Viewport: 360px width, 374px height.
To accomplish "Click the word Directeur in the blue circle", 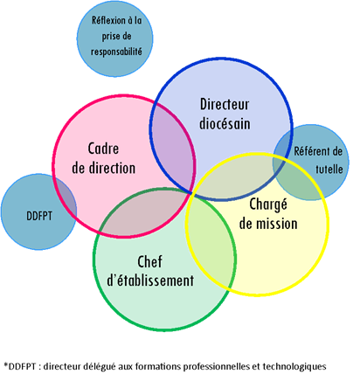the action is [x=225, y=104].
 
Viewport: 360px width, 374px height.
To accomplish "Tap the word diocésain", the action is [x=225, y=123].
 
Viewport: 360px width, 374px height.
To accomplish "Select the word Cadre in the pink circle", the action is [x=103, y=149].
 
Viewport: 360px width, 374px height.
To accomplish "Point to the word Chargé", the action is [x=268, y=204].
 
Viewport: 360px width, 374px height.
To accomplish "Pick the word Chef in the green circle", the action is [x=149, y=261].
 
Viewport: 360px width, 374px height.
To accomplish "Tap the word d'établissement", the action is [x=150, y=280].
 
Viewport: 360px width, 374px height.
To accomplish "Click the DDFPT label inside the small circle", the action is [x=39, y=216].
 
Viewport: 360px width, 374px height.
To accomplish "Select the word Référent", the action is [x=309, y=151].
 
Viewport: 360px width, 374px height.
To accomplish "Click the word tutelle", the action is [x=329, y=170].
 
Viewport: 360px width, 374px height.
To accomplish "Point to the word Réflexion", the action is [x=109, y=20].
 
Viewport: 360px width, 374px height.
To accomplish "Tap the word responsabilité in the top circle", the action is [x=116, y=52].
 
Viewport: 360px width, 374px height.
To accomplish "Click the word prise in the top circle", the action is [x=108, y=37].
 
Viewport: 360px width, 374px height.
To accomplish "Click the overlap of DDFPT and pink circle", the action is [x=66, y=201].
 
